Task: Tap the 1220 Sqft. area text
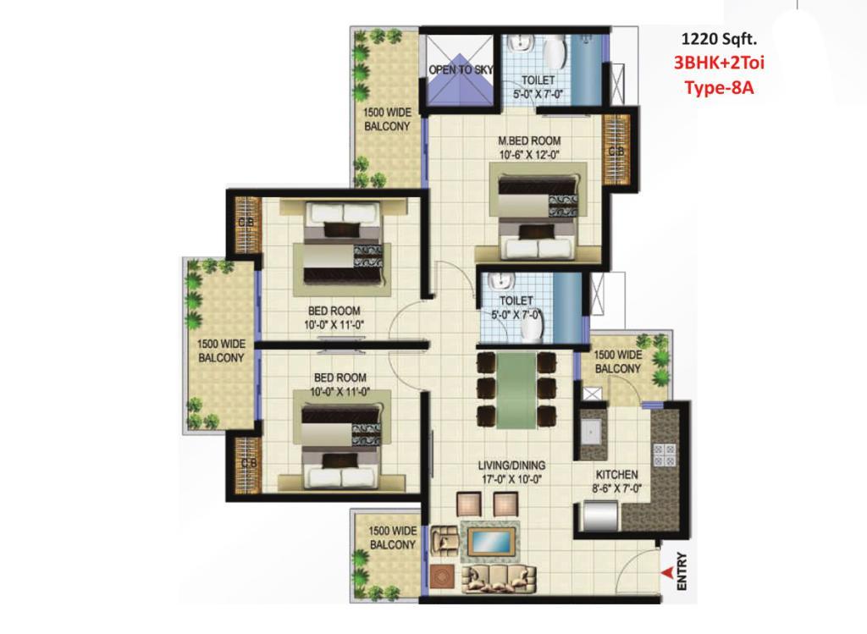pos(719,39)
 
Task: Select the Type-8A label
pos(720,87)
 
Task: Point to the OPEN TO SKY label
pos(461,69)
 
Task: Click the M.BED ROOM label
pos(529,141)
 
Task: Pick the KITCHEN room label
pos(616,474)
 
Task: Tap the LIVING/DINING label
pos(511,466)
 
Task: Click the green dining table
pos(516,390)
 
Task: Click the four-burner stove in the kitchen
pos(664,455)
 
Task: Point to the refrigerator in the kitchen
pos(599,516)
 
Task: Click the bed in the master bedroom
pos(537,216)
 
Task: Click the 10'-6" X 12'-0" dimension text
pos(529,155)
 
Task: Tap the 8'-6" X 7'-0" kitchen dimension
pos(617,488)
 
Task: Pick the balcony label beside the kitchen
pos(617,361)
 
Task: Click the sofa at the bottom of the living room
pos(499,578)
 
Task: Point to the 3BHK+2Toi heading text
pos(719,62)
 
